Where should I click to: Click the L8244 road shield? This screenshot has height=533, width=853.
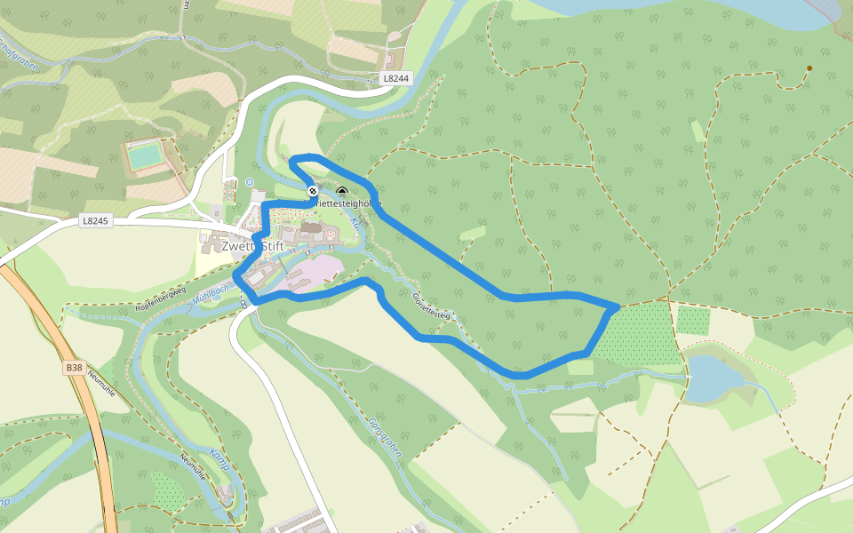coord(396,78)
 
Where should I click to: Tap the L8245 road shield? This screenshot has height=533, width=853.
coord(95,220)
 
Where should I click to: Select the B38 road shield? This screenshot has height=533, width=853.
coord(74,366)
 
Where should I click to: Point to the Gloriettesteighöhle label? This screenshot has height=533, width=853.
coord(347,203)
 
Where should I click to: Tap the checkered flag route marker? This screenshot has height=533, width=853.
coord(313,191)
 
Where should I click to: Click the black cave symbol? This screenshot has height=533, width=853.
coord(342,191)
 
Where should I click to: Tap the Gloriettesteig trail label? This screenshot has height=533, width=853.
coord(433,306)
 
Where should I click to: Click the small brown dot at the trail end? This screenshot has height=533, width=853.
coord(809,68)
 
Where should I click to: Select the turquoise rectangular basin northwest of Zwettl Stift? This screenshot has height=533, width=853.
coord(144,156)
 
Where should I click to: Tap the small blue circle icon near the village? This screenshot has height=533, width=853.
coord(250,182)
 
